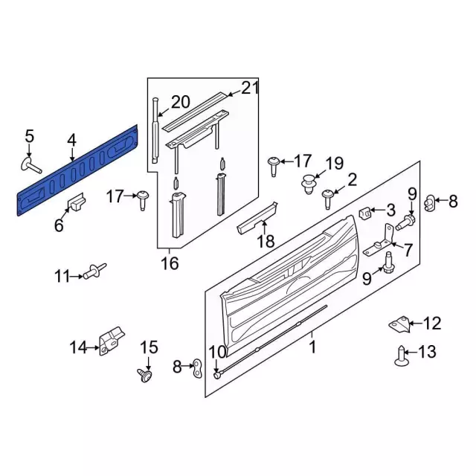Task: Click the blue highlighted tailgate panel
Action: tap(77, 170)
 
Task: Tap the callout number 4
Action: tap(71, 141)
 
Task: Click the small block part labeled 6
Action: tap(76, 202)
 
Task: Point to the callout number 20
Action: tap(181, 102)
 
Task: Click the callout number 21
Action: tap(250, 88)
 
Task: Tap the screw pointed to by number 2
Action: tap(327, 199)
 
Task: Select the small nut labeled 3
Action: tap(365, 213)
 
